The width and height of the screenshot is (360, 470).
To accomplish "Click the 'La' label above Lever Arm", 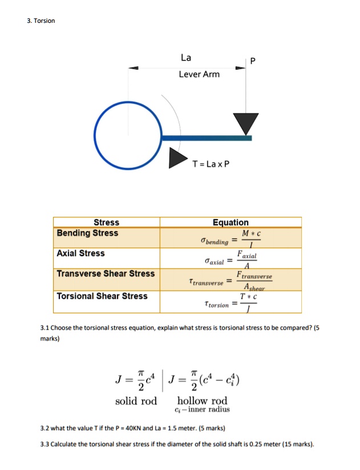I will coord(186,58).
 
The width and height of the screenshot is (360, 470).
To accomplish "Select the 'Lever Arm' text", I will coord(199,74).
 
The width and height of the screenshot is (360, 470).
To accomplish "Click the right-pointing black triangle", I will coord(177,159).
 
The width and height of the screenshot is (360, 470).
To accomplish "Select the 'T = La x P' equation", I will coord(211,165).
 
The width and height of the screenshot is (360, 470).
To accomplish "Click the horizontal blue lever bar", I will coord(206,137).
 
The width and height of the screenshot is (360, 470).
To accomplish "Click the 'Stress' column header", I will coord(106,222).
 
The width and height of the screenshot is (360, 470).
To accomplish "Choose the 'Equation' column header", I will coord(230,222).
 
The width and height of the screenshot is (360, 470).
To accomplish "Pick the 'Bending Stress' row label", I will coord(87,233).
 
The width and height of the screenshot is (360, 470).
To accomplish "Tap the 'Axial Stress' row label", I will coord(80,253).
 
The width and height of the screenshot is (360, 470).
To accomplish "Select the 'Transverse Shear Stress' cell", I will coord(106,273).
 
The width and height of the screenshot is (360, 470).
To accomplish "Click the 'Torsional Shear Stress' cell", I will coord(102,295).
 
